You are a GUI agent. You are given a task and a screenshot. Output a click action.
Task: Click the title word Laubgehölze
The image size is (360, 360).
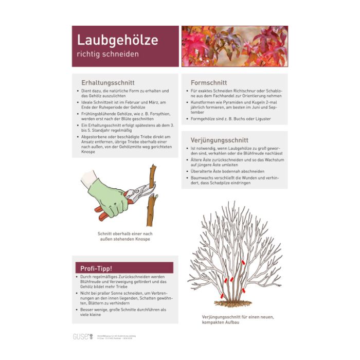tap(117, 40)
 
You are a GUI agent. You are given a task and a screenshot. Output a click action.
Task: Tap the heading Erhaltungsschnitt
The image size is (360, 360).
tap(107, 82)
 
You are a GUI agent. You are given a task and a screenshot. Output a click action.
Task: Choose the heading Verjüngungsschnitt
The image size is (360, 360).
tap(219, 140)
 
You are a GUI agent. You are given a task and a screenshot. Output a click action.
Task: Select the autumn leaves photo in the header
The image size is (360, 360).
tap(235, 46)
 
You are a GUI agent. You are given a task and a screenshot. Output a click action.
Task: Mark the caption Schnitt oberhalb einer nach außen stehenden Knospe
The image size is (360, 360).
tap(125, 236)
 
